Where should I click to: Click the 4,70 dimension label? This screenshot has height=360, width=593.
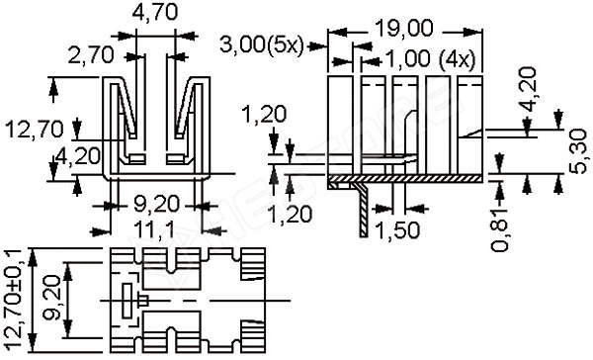tap(155, 13)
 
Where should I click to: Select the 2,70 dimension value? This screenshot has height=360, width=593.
tap(91, 55)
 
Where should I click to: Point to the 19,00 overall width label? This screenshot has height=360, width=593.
tap(404, 29)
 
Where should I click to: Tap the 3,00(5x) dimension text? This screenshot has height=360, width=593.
tap(262, 45)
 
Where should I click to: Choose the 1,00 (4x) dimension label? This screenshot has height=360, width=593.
tap(430, 59)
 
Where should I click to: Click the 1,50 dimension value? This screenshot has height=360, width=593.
tap(397, 229)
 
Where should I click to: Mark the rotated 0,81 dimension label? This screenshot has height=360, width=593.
tap(500, 230)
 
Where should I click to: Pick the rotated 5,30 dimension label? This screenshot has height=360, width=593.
tap(578, 151)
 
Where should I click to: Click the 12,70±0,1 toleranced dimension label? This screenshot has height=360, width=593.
tap(14, 300)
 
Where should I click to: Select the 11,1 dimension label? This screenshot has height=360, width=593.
tap(154, 229)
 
